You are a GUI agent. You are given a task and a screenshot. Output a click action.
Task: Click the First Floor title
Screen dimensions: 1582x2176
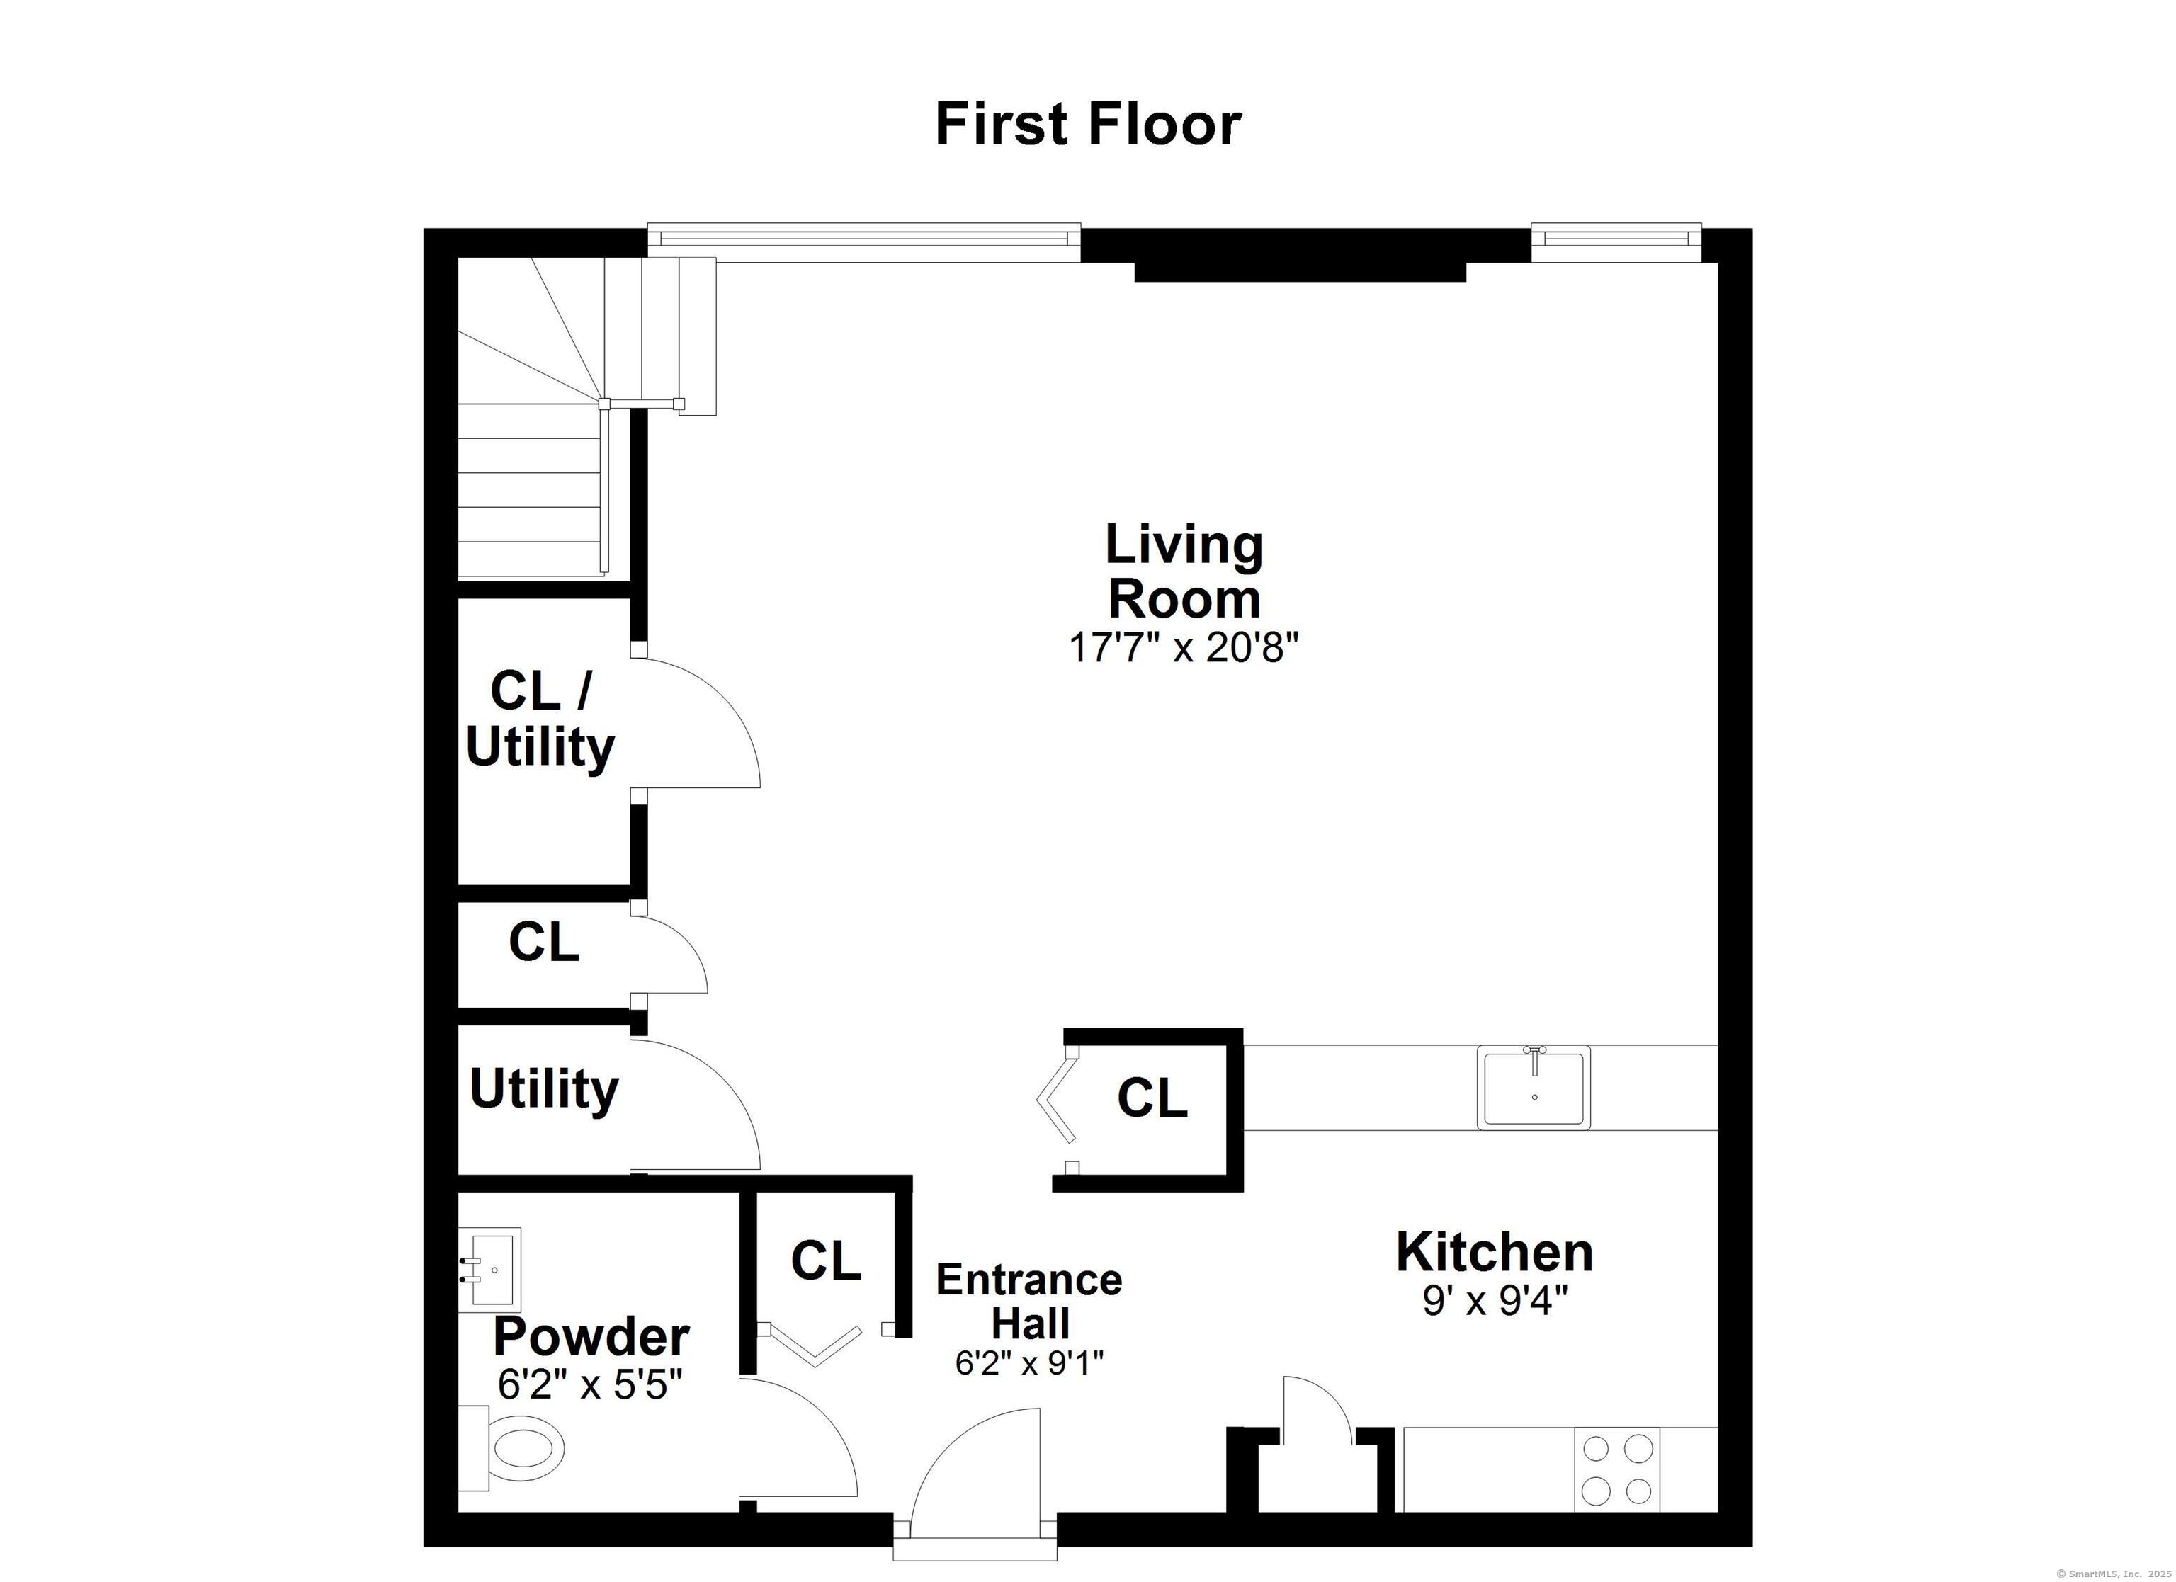coord(1088,125)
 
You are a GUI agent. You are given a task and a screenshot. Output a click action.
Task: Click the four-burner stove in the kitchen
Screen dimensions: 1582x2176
coord(1616,1469)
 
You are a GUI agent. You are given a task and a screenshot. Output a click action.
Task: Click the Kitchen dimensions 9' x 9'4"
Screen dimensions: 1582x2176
coord(1494,1301)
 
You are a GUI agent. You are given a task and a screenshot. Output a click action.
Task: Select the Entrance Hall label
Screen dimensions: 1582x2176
coord(1028,1301)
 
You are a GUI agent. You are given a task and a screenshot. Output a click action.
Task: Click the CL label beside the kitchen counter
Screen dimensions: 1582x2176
coord(1151,1098)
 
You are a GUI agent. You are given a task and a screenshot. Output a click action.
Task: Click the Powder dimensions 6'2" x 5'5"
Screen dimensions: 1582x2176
coord(590,1384)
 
